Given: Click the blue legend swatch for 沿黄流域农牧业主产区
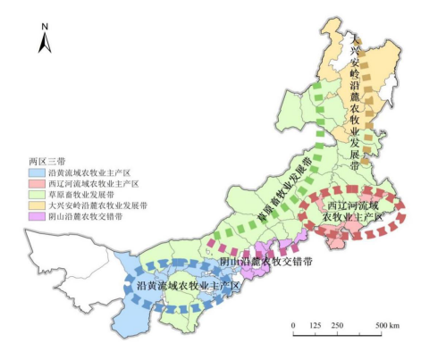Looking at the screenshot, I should pyautogui.click(x=39, y=172).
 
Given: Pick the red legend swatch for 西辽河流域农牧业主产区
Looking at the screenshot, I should pyautogui.click(x=39, y=184).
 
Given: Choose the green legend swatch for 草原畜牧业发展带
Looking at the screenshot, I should pyautogui.click(x=39, y=195).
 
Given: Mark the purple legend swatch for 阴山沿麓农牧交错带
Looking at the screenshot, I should pyautogui.click(x=39, y=217).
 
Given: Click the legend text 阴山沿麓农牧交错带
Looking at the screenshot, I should pyautogui.click(x=87, y=217).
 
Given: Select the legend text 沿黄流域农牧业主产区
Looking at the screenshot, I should pyautogui.click(x=90, y=172).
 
